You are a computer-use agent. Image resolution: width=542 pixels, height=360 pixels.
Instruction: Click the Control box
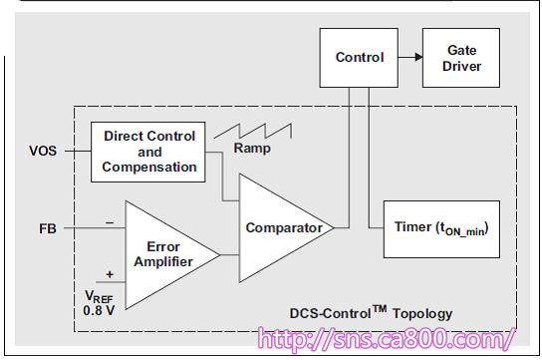(359, 58)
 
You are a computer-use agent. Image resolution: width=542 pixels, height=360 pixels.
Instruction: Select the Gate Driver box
(461, 58)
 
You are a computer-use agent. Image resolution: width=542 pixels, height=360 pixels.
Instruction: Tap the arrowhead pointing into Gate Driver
(418, 57)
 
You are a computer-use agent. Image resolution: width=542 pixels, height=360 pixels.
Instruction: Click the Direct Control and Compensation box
(147, 152)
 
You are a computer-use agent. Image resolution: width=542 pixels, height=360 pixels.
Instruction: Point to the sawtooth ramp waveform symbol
(253, 131)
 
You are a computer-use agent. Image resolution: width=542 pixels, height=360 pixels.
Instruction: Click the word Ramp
(252, 149)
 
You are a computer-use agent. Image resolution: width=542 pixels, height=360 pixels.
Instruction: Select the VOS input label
(43, 152)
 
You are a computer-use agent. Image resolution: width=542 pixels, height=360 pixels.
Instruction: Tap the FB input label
(48, 228)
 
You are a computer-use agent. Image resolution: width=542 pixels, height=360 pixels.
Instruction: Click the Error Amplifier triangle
(162, 255)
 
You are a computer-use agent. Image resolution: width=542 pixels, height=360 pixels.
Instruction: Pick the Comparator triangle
(277, 228)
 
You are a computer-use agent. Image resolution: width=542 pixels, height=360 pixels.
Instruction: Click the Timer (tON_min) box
(441, 229)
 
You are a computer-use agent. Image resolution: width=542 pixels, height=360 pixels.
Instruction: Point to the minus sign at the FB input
(110, 222)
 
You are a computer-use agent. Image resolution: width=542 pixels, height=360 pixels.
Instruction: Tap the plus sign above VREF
(110, 274)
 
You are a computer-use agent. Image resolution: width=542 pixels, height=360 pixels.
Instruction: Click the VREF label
(99, 297)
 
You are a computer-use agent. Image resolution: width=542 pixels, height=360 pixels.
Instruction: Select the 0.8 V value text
(99, 310)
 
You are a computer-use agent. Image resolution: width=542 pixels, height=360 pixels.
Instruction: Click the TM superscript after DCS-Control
(380, 308)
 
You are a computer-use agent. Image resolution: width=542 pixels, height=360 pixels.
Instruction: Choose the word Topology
(422, 314)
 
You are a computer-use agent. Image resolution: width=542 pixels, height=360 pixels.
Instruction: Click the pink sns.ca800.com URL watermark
(387, 339)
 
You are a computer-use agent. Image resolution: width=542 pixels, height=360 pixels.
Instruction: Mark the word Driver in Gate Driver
(462, 66)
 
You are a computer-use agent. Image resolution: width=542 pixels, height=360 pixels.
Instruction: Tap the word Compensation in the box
(149, 168)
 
